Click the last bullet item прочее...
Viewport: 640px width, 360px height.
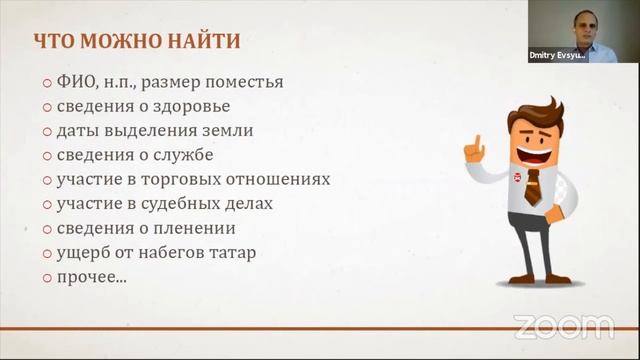91,277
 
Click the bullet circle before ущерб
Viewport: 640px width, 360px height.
47,253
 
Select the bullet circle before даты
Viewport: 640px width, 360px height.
47,131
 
